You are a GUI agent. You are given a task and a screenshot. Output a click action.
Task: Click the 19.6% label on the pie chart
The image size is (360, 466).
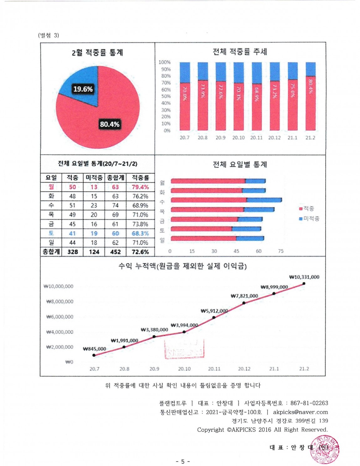click(83, 89)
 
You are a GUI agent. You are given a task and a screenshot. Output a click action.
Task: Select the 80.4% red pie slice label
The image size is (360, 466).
click(110, 124)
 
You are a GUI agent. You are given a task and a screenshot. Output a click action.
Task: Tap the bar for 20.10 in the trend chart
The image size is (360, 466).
click(239, 96)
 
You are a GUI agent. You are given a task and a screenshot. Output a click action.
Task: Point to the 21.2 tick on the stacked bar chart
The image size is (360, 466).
click(310, 138)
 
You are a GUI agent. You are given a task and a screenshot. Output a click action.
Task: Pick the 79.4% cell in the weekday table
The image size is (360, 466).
click(140, 187)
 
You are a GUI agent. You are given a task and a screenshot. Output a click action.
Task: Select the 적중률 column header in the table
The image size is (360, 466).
click(140, 178)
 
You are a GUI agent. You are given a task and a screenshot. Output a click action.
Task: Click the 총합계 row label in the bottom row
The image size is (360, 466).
click(51, 252)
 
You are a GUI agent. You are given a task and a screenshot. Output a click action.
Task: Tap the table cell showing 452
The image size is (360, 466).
click(116, 252)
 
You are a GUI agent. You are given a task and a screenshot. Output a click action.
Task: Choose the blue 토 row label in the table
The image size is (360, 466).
click(51, 233)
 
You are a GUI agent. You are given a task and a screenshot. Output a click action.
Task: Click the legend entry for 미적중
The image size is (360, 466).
click(309, 219)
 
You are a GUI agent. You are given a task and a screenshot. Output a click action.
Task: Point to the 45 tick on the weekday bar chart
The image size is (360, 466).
click(236, 251)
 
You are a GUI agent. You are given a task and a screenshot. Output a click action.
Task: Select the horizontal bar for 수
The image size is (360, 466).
click(226, 200)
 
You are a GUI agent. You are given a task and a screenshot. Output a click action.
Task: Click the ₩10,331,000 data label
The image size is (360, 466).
click(304, 277)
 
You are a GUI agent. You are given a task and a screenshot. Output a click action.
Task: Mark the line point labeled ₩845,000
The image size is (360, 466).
click(94, 355)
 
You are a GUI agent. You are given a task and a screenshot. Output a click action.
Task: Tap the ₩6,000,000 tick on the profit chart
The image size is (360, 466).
click(60, 317)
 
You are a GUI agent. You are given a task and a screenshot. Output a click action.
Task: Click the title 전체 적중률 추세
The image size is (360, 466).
click(240, 52)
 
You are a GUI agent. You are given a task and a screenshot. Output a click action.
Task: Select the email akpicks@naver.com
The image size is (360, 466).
click(300, 412)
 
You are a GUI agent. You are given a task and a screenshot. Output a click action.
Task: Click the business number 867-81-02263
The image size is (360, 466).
click(309, 403)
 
